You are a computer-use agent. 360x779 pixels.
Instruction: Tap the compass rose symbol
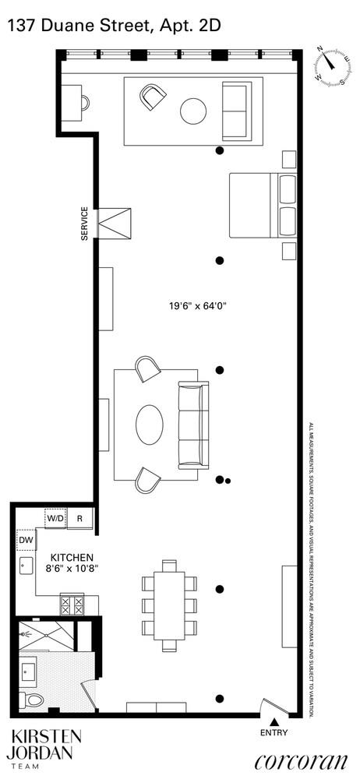click(333, 65)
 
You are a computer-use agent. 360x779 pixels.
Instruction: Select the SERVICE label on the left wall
click(85, 224)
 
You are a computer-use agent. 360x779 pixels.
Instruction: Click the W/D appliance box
click(55, 519)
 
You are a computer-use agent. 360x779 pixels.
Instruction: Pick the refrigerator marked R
click(79, 519)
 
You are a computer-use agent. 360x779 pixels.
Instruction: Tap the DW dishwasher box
click(26, 539)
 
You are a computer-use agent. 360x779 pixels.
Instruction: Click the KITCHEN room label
click(72, 558)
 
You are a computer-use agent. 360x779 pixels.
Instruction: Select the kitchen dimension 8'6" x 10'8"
click(72, 569)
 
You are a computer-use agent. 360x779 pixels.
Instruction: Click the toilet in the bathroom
click(33, 700)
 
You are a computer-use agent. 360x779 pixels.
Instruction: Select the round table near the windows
click(193, 111)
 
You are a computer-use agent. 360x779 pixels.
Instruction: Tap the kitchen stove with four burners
click(72, 605)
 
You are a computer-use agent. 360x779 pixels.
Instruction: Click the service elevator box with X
click(114, 224)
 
